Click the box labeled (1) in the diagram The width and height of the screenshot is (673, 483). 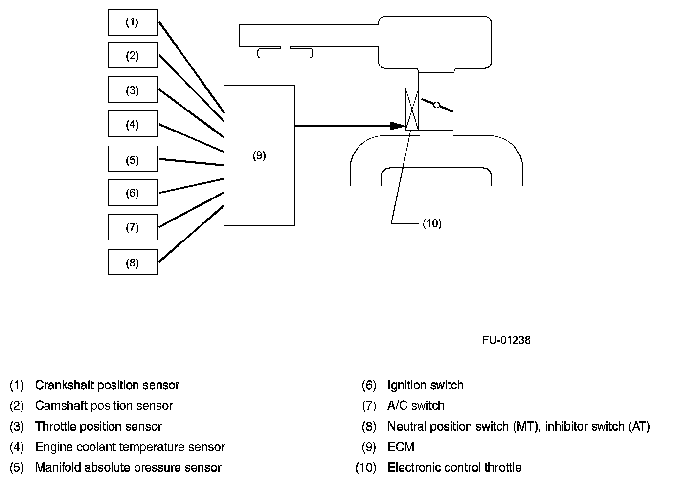133,22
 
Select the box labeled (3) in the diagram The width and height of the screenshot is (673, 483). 133,90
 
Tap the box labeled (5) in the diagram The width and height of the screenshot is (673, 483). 133,159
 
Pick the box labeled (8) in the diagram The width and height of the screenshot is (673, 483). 133,263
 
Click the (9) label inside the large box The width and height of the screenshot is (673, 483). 259,155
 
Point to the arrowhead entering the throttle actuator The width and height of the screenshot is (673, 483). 398,126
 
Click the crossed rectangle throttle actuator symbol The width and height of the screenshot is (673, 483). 412,109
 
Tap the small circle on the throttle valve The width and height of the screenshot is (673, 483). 437,105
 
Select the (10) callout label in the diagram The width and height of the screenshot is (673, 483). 432,223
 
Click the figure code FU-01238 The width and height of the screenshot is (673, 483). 506,340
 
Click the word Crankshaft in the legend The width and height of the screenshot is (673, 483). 64,385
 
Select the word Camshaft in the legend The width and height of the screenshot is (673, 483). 61,406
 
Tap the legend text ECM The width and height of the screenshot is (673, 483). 401,447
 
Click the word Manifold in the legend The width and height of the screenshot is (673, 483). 58,468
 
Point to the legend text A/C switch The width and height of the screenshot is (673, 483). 416,406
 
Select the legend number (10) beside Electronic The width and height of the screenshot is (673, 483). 366,468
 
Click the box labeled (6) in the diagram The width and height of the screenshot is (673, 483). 133,193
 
